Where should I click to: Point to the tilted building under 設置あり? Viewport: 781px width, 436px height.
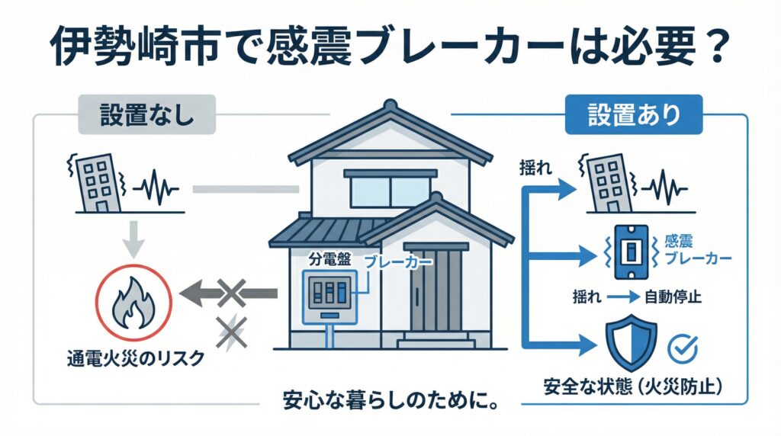point(604,184)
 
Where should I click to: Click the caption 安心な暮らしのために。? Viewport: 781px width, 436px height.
point(390,399)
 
